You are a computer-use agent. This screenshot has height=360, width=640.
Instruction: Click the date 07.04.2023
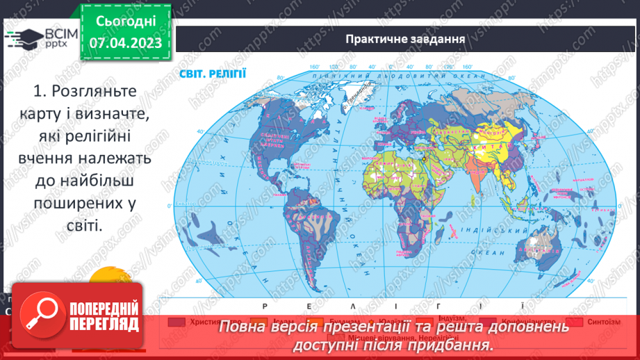click(125, 43)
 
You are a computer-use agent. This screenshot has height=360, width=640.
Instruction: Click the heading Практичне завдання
click(405, 38)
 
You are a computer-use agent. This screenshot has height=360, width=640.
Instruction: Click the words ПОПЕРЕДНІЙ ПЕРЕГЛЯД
click(103, 316)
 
